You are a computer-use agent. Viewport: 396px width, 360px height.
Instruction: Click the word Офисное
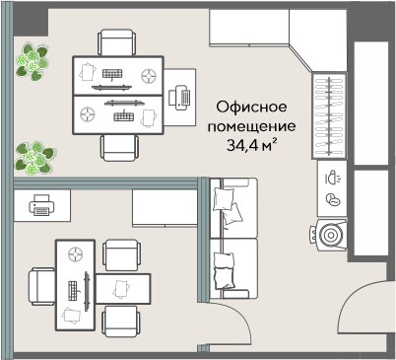click(251, 107)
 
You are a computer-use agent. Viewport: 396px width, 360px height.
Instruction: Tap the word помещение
click(251, 126)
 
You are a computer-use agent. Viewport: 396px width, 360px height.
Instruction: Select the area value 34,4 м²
click(251, 145)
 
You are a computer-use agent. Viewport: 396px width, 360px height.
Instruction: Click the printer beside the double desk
click(179, 98)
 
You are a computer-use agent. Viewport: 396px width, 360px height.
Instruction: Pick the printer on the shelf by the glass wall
click(41, 205)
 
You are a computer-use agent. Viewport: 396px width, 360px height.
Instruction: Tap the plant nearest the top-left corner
click(33, 62)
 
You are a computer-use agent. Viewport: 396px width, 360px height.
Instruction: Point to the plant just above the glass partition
click(34, 158)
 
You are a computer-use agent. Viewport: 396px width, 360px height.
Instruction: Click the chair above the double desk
click(117, 42)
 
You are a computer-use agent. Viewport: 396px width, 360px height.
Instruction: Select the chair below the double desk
click(119, 148)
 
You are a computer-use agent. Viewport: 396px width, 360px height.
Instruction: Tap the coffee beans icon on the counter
click(333, 199)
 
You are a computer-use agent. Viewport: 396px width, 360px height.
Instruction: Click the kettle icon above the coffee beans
click(333, 178)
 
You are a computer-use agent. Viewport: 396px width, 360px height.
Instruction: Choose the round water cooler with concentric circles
click(328, 235)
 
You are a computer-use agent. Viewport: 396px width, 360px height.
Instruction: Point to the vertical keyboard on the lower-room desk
click(73, 291)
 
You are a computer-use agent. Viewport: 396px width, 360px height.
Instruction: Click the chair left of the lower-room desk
click(41, 286)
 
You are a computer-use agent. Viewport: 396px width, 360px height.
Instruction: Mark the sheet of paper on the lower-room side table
click(121, 289)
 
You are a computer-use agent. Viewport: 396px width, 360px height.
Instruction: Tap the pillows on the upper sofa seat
click(228, 205)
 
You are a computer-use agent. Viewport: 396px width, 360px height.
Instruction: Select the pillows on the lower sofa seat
click(225, 271)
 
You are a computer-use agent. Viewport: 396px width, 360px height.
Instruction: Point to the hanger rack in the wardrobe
click(329, 115)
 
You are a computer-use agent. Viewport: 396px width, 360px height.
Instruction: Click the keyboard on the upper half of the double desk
click(112, 74)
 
